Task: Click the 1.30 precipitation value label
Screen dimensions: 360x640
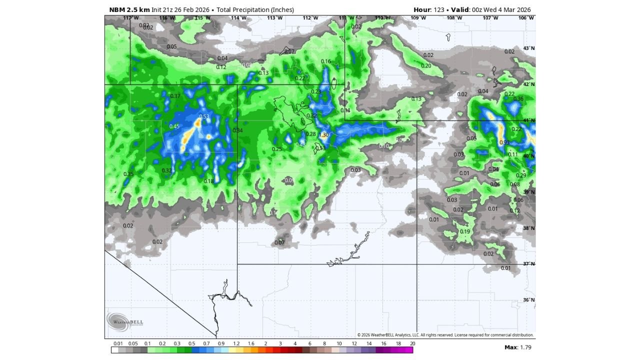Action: point(324,135)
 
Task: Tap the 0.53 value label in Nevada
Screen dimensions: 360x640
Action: point(204,117)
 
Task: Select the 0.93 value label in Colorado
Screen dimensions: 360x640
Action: point(504,143)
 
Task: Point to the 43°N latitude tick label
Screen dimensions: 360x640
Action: point(528,48)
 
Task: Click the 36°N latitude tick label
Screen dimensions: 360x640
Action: point(528,300)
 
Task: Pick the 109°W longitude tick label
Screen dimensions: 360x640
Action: point(418,18)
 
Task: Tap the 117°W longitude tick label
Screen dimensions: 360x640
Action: point(130,18)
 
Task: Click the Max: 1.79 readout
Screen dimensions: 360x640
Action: point(517,347)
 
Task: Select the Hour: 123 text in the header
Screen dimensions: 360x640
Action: point(429,9)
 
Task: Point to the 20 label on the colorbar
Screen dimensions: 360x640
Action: point(412,344)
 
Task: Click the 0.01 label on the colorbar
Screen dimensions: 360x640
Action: point(118,344)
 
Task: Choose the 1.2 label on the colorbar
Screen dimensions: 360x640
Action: point(236,344)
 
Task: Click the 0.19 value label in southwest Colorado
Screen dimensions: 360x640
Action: point(465,231)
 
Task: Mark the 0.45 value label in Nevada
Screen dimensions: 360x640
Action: point(174,126)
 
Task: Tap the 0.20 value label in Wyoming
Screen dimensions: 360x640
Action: point(426,66)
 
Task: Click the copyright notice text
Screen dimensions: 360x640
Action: point(445,335)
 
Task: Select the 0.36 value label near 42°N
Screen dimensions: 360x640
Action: point(518,99)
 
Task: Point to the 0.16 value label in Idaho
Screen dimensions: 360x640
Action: point(326,61)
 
